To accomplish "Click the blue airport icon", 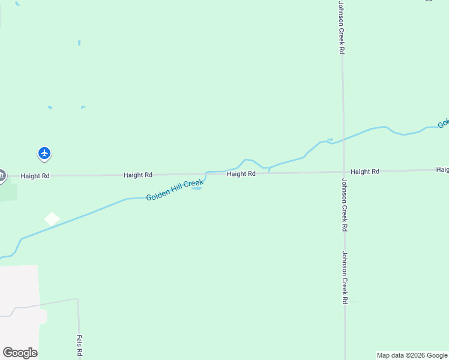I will click(x=44, y=154).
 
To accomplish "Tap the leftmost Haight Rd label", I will click(x=35, y=176).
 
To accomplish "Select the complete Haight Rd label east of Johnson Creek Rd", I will click(x=365, y=172).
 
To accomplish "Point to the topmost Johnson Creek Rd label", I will click(x=341, y=28).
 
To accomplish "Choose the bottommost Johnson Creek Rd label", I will click(x=345, y=277).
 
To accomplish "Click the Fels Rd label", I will click(x=79, y=346).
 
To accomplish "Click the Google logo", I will click(x=20, y=353).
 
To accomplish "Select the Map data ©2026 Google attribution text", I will click(x=412, y=355).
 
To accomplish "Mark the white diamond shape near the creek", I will click(x=52, y=219).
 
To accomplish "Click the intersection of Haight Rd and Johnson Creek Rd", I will click(x=343, y=172).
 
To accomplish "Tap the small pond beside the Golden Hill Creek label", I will click(x=196, y=188).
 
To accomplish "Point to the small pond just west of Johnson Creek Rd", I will click(x=330, y=140).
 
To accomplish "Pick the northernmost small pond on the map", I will click(x=79, y=43).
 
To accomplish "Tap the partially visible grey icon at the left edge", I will click(x=2, y=175).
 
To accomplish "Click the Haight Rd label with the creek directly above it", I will click(x=241, y=174).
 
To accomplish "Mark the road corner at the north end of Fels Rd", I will click(x=78, y=299).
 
